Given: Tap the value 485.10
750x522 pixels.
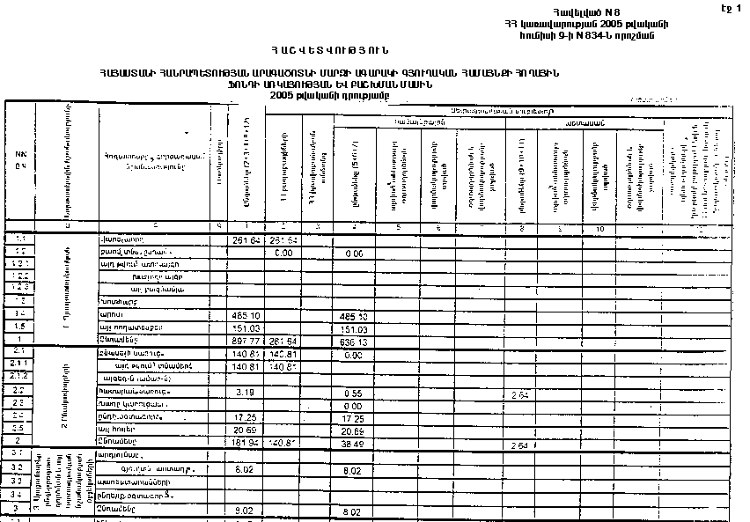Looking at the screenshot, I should click(x=246, y=315).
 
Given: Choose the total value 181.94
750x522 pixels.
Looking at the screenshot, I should click(x=246, y=441).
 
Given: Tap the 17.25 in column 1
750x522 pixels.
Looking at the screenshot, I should click(x=246, y=416).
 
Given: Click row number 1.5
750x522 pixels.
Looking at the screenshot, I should click(x=20, y=327).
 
